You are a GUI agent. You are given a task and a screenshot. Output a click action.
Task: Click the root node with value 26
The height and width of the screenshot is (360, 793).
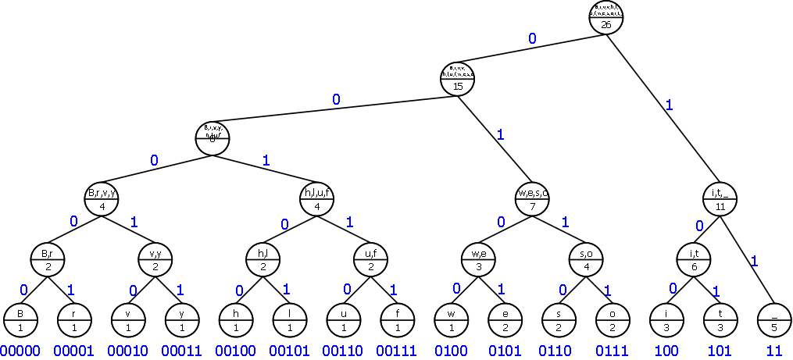[x=606, y=17]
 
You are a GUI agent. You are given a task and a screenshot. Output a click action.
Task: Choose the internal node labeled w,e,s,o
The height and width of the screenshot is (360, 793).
[x=532, y=200]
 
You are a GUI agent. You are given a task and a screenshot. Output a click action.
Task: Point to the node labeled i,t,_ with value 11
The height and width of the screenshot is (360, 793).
[x=720, y=200]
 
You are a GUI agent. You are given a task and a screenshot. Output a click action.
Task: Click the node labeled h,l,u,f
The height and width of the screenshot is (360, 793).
[x=316, y=200]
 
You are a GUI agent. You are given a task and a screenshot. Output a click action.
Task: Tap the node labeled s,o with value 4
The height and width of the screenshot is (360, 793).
[x=586, y=258]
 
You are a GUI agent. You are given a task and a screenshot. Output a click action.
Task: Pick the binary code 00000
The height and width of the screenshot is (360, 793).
[x=20, y=351]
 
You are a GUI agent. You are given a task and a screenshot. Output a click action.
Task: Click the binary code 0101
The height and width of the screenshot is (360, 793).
[x=505, y=351]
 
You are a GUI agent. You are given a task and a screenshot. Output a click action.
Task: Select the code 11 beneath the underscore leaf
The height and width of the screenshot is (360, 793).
[x=775, y=351]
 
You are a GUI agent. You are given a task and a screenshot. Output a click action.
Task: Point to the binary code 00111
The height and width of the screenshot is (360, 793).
[x=397, y=351]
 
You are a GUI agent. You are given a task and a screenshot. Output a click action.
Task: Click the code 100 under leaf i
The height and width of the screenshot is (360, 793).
[x=667, y=351]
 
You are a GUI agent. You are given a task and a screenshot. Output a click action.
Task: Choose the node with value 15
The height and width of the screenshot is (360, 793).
[x=458, y=78]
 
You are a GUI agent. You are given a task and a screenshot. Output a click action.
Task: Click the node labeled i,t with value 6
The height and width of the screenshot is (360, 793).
[x=694, y=258]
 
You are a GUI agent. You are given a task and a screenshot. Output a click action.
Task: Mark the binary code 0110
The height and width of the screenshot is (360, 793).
[x=559, y=351]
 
